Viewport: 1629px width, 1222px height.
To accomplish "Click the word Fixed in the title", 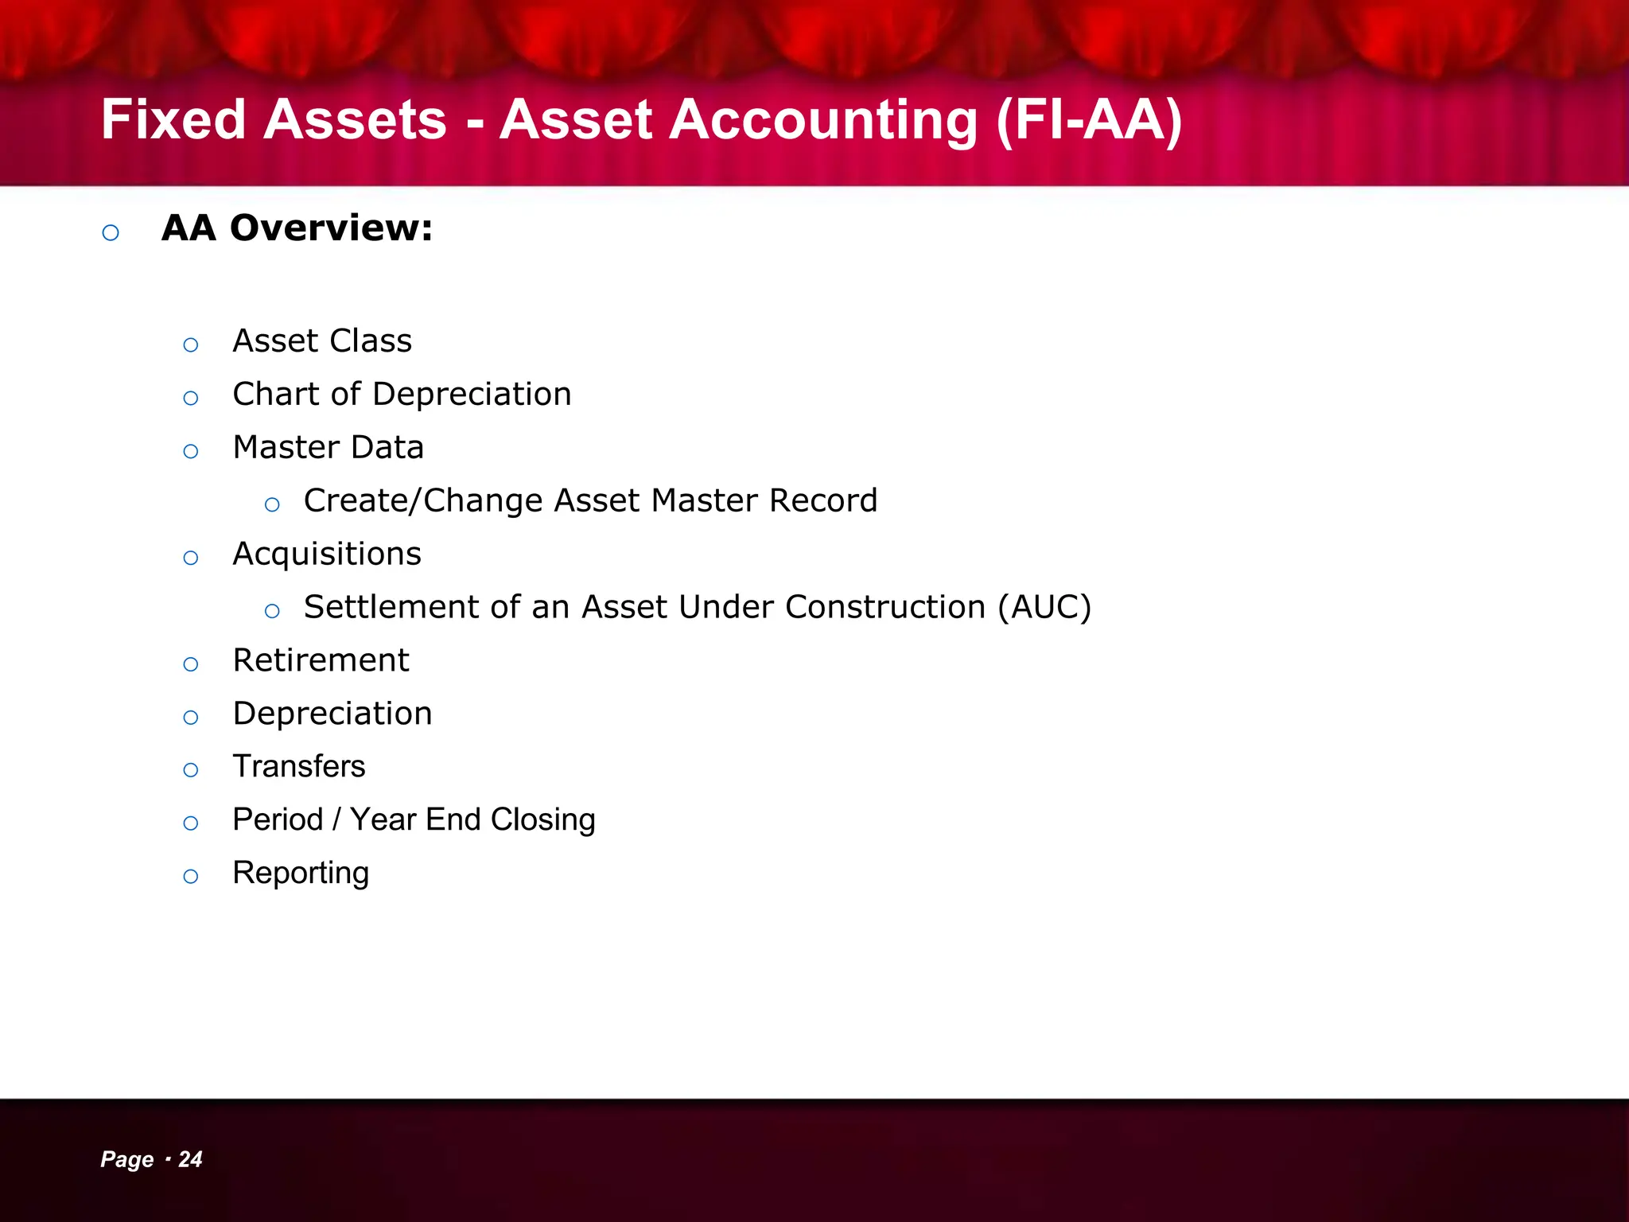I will tap(173, 120).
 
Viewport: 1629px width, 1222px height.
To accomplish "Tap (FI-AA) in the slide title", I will tap(1089, 120).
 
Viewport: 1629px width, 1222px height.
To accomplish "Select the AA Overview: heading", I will tap(297, 228).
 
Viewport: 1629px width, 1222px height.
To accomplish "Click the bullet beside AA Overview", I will tap(111, 232).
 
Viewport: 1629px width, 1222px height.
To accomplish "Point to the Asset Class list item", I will tap(322, 341).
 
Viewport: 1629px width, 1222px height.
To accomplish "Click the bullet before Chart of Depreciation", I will tap(191, 398).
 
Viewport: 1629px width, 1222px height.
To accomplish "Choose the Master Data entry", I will tap(328, 447).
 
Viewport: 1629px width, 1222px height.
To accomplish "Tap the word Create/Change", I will tap(422, 501).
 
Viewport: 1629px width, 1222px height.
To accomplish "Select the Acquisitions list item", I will tap(326, 555).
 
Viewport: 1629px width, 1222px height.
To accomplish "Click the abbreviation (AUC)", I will tap(1044, 607).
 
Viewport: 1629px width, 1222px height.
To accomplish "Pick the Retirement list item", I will tap(321, 660).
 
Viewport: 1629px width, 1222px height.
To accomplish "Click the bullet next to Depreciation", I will tap(191, 718).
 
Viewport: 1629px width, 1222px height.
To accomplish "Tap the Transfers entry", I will tap(299, 766).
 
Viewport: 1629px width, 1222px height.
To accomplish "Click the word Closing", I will tap(542, 820).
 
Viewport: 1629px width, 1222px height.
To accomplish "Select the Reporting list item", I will tap(301, 874).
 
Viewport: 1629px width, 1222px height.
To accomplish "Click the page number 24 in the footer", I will tap(190, 1159).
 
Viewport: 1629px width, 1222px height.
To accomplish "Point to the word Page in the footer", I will tap(127, 1159).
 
